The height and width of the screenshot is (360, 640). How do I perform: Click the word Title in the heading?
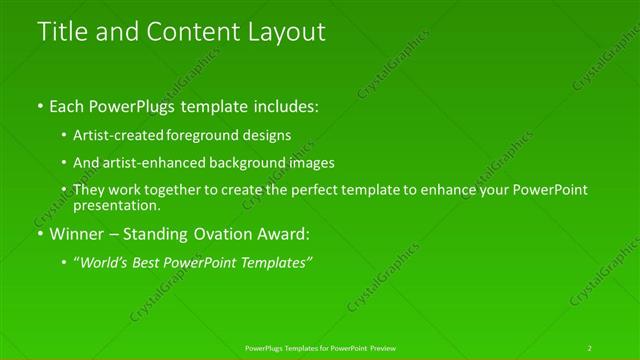point(61,32)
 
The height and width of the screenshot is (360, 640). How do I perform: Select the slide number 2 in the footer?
point(590,348)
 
